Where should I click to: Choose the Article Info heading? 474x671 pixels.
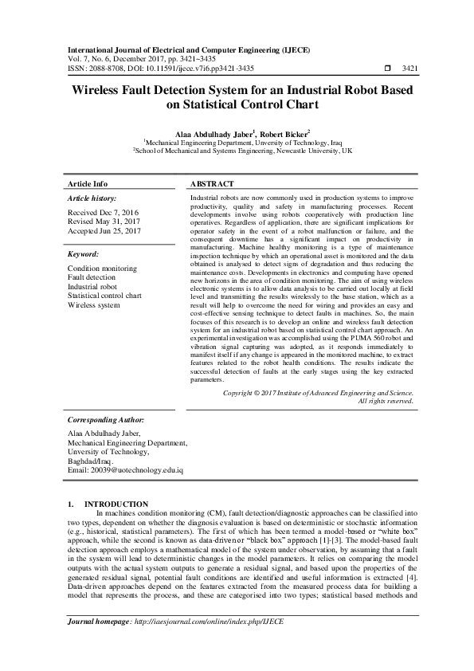88,182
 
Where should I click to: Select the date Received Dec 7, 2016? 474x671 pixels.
103,212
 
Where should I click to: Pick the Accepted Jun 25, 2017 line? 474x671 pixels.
104,230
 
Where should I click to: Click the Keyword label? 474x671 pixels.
83,254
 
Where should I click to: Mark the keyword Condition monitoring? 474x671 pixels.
102,269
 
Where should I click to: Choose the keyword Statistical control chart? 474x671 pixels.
104,295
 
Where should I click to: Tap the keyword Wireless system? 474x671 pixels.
94,304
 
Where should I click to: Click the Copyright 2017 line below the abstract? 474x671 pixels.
318,393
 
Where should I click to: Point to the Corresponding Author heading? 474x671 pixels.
105,418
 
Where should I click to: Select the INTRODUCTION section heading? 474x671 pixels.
116,504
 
